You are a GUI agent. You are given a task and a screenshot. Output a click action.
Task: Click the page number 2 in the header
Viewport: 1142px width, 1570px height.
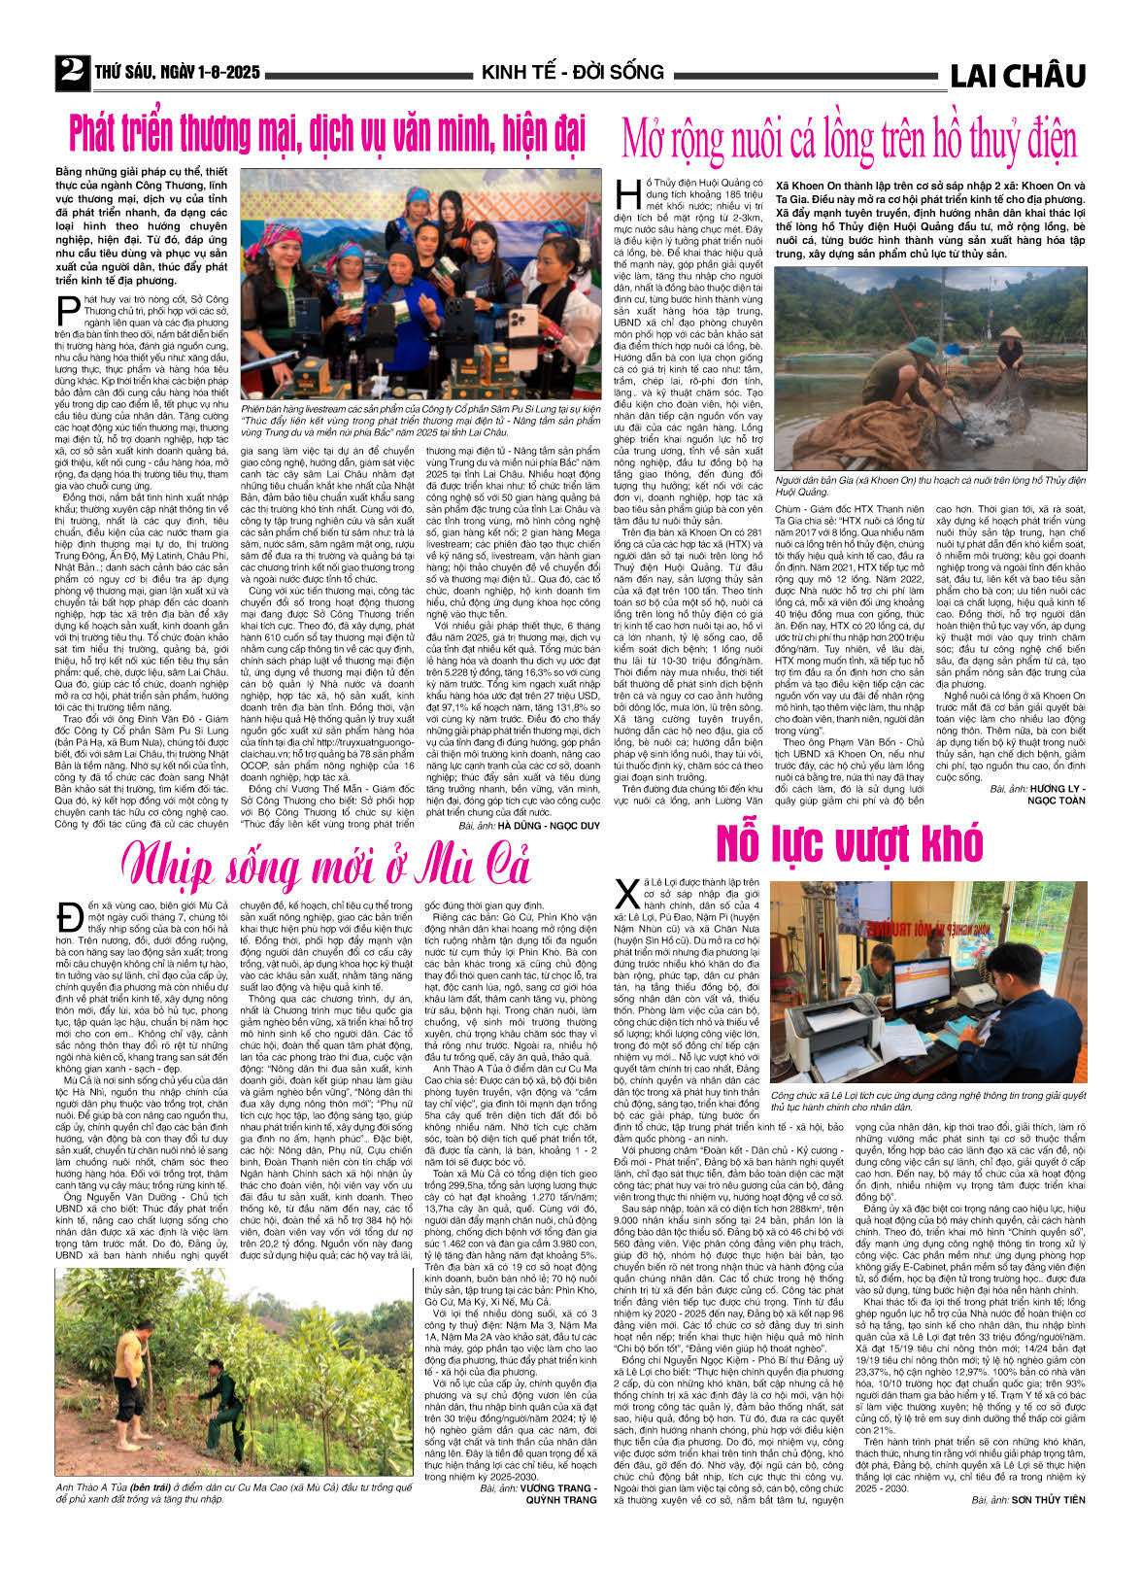[x=71, y=71]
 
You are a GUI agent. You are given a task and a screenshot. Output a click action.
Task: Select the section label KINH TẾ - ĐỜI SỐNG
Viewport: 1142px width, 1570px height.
[x=572, y=73]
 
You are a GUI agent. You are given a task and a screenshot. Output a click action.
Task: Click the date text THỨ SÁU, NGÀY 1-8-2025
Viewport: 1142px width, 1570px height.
[x=178, y=73]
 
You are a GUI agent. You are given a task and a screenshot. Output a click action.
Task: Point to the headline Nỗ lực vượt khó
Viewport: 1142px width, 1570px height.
[x=849, y=844]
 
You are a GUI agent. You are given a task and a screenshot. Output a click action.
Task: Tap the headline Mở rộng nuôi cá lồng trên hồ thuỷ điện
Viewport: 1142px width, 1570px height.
[x=849, y=139]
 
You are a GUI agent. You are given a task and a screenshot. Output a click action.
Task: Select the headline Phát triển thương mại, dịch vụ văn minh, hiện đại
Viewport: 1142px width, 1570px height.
[x=327, y=133]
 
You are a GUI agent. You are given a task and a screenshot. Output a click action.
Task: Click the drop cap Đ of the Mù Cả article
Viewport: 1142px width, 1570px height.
[x=69, y=916]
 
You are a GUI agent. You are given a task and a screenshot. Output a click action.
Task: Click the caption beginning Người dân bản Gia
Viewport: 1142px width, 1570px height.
[x=929, y=486]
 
